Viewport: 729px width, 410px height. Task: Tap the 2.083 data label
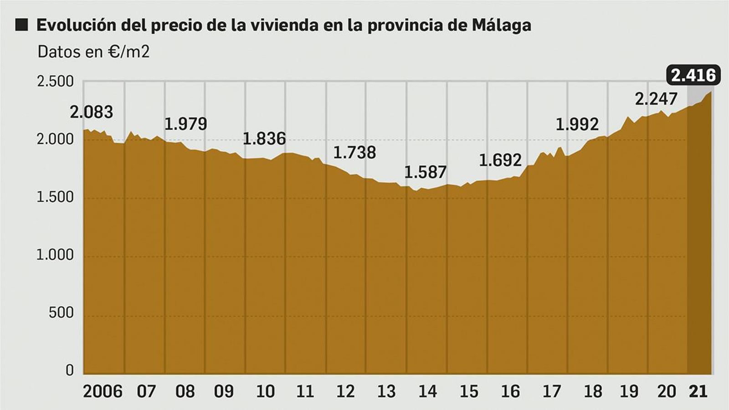click(91, 112)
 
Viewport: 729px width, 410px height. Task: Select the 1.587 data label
click(425, 172)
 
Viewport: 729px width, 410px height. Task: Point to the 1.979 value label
click(185, 124)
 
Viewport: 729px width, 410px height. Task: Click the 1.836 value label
click(264, 138)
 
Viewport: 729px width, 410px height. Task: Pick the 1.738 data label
click(354, 152)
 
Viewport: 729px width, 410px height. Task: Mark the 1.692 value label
click(500, 160)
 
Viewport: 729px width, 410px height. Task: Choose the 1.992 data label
click(577, 124)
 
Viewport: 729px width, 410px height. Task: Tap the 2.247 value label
click(656, 99)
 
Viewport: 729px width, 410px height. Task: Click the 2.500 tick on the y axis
click(55, 82)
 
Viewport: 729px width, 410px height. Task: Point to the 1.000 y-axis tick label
click(55, 255)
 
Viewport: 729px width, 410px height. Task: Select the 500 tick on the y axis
click(61, 313)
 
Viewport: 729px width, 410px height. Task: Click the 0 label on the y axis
click(69, 370)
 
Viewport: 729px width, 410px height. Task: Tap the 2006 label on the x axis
click(103, 391)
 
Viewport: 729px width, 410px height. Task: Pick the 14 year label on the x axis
click(427, 391)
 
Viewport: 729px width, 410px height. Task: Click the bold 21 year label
click(698, 391)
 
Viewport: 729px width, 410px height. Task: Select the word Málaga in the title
click(501, 26)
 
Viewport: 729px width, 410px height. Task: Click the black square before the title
click(21, 25)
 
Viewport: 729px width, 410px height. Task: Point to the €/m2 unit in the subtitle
click(128, 52)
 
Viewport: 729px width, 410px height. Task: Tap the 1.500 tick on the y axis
click(55, 197)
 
